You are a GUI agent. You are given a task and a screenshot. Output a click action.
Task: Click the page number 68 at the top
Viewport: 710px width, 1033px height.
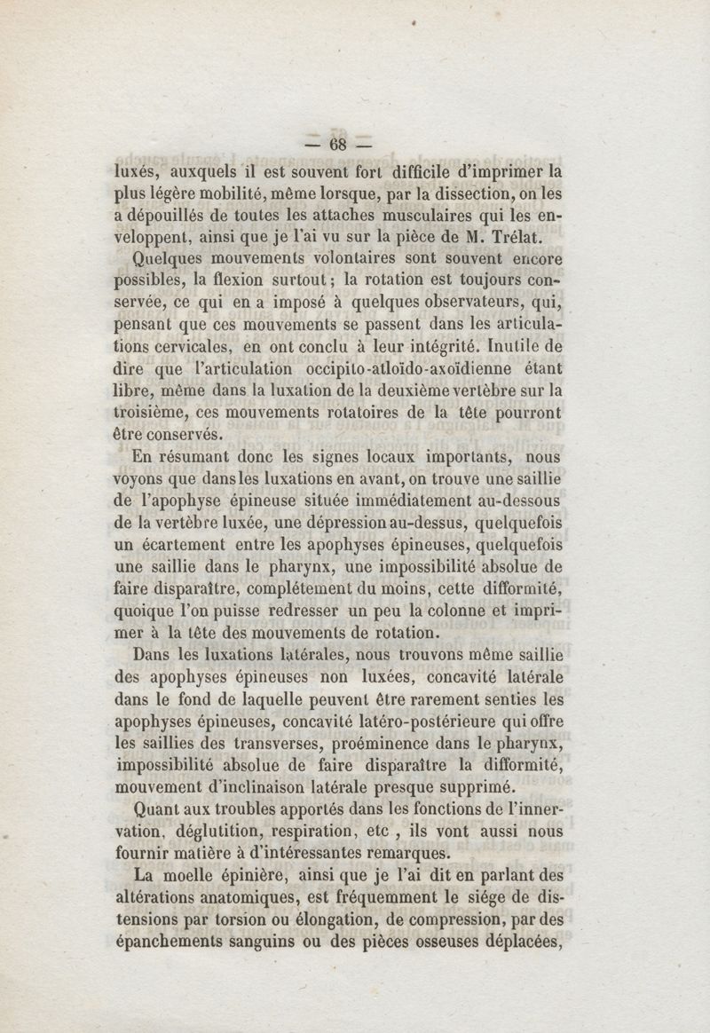pos(336,145)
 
